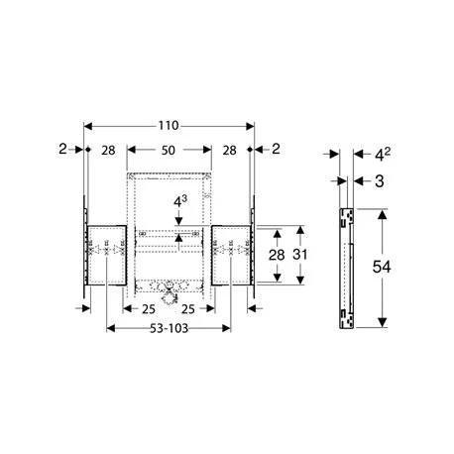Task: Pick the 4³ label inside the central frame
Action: (179, 202)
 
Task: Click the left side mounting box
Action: (104, 255)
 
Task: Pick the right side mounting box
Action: (232, 255)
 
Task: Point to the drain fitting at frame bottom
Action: (168, 291)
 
